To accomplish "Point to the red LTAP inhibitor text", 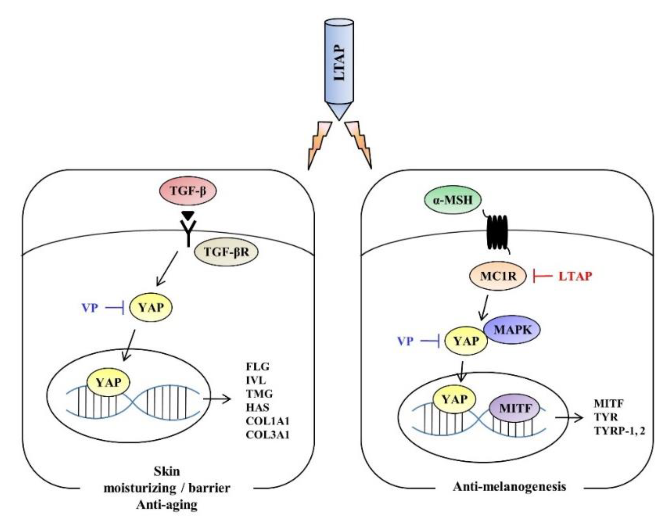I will [575, 276].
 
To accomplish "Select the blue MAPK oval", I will [512, 330].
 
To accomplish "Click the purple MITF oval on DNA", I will [515, 408].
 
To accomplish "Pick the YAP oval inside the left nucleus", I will [108, 382].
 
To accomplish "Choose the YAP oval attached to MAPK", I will [466, 341].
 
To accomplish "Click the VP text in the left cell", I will [90, 308].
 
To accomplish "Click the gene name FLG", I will [257, 367].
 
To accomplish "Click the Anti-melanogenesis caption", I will [509, 486].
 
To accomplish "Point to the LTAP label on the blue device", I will [339, 63].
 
